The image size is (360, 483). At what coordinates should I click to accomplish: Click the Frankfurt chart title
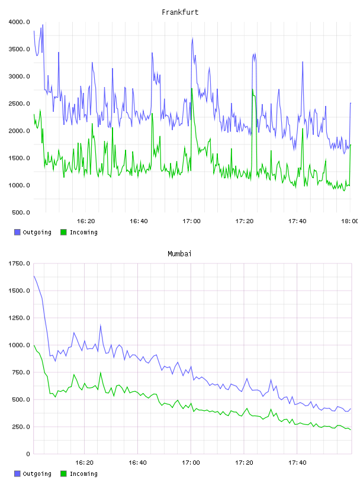[180, 12]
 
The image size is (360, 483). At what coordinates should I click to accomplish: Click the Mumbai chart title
[179, 253]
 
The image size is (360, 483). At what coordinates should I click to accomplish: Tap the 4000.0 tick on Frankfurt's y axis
[19, 22]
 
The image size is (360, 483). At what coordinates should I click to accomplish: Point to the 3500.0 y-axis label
[19, 49]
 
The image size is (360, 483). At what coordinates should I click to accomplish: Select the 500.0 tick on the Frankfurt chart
[21, 212]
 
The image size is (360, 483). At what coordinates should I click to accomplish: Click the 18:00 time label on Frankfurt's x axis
[349, 221]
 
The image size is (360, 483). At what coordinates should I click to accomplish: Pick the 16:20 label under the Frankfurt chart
[86, 221]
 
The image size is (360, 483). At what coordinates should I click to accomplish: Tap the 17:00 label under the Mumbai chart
[191, 462]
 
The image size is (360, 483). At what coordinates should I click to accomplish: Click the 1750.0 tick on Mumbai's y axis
[19, 263]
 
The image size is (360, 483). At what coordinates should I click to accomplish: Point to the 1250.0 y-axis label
[19, 318]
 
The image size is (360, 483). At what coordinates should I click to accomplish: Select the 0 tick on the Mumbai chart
[28, 454]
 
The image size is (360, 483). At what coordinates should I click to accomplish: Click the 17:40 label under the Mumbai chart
[297, 462]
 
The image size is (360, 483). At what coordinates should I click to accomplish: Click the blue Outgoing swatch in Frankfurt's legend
[17, 232]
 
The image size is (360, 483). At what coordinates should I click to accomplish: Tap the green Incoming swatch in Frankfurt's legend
[63, 232]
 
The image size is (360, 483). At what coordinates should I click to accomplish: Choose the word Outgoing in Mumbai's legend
[37, 474]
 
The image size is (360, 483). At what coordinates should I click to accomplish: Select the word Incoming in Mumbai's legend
[83, 474]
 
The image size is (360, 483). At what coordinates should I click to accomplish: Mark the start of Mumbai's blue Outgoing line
[34, 276]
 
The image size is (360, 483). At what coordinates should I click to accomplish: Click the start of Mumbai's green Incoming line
[34, 345]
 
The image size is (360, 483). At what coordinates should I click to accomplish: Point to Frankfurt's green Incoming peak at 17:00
[192, 88]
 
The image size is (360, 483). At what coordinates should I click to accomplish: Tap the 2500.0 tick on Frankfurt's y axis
[19, 104]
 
